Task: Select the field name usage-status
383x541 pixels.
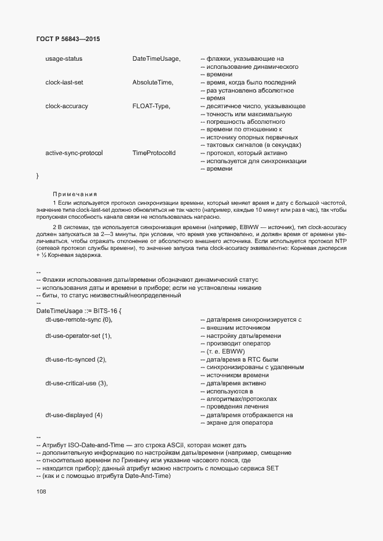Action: [64, 59]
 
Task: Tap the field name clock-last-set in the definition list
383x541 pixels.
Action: [64, 83]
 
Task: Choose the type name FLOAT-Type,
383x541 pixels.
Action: [151, 106]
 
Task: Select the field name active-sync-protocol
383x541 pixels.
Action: [74, 153]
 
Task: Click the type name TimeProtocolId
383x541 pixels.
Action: [154, 153]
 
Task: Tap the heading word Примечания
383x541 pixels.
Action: [75, 194]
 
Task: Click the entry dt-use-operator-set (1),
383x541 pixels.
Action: [78, 336]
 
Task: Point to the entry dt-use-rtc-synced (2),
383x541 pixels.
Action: [76, 359]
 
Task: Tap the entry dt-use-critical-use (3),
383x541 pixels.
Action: [77, 383]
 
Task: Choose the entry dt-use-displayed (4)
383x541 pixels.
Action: [74, 415]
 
